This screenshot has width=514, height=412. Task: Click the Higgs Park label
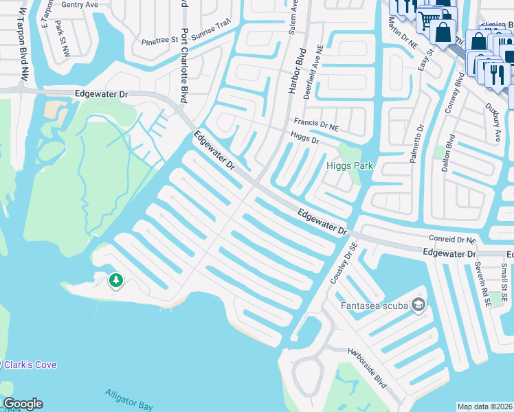(x=349, y=165)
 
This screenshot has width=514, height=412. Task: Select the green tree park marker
(x=116, y=280)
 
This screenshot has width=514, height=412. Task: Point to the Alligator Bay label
(x=129, y=400)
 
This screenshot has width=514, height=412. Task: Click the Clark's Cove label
(x=30, y=365)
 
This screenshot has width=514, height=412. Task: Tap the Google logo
(x=22, y=404)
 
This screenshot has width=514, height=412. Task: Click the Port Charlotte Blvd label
(x=183, y=65)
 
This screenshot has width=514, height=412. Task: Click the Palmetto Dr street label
(x=416, y=144)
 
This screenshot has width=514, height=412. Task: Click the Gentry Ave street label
(x=80, y=4)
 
